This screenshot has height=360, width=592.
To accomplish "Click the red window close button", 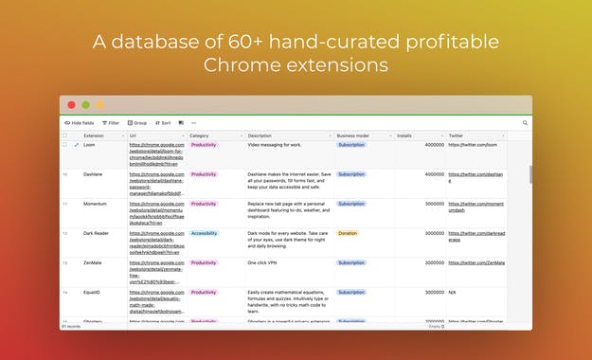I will pyautogui.click(x=68, y=104).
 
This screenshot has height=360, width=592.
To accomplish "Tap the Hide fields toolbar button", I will pyautogui.click(x=80, y=122).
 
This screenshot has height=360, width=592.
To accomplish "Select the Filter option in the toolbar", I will pyautogui.click(x=111, y=122).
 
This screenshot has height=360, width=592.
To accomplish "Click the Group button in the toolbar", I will pyautogui.click(x=137, y=122).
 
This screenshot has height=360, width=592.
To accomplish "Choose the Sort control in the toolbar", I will pyautogui.click(x=163, y=122).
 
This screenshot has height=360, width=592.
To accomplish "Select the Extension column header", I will pyautogui.click(x=94, y=135).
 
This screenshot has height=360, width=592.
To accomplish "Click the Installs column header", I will pyautogui.click(x=404, y=135).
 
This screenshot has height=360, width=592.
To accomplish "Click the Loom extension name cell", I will pyautogui.click(x=90, y=145).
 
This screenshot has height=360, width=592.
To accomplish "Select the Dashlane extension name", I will pyautogui.click(x=94, y=174).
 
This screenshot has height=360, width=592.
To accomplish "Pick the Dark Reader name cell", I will pyautogui.click(x=96, y=233).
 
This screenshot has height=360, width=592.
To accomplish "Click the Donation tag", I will pyautogui.click(x=348, y=233).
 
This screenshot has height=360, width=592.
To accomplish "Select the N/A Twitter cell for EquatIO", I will pyautogui.click(x=454, y=292).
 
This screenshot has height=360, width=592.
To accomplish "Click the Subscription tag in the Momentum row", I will pyautogui.click(x=351, y=204).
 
